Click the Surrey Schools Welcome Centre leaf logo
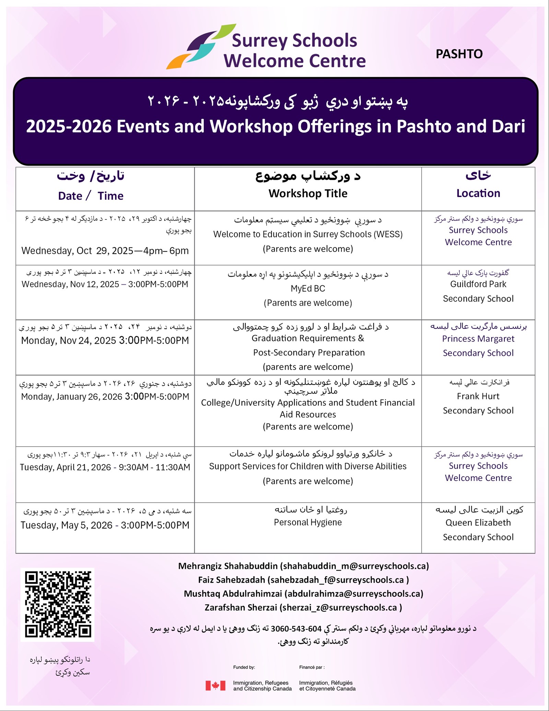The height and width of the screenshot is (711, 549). coord(201,46)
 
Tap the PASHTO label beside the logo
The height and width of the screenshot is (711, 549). coord(459,54)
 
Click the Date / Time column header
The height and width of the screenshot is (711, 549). coord(91,196)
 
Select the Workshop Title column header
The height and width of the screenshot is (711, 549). coord(308,194)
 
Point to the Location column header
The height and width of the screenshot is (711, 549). coord(478,193)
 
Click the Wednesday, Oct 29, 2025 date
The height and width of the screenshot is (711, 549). coord(105,251)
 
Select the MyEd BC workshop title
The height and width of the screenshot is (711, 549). coord(308,288)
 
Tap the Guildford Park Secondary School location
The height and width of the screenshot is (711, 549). coord(478,291)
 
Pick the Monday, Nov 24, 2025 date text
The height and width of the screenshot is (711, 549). coord(105,341)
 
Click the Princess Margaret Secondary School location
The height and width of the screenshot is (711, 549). coord(478,346)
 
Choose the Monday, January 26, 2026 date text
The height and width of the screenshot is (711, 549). coord(105,397)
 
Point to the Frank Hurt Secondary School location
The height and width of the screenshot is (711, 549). coord(478,403)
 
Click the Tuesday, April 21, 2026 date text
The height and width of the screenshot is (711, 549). coord(105,467)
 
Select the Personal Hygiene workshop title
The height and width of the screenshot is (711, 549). coord(308,522)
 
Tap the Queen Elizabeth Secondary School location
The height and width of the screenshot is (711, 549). coord(478,530)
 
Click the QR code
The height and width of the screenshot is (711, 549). coord(58,604)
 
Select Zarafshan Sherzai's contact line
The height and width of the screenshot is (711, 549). coord(303,607)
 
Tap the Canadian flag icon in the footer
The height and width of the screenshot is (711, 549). coord(215,686)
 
